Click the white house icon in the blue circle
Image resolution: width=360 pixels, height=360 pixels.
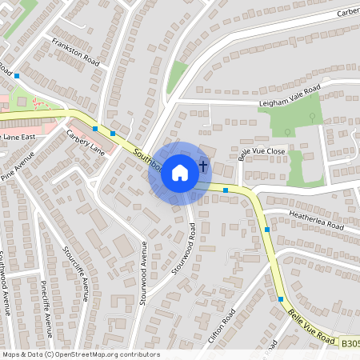coord(180,172)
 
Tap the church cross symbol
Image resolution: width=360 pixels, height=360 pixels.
coord(203,167)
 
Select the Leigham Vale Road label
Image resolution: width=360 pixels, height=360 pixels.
coord(289,95)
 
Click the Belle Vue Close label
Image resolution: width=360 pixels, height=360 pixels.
coord(262,151)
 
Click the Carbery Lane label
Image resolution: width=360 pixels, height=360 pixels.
coord(86,142)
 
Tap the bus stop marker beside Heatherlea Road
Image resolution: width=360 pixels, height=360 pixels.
coord(266,230)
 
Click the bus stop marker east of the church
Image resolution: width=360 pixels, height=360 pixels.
coord(226,190)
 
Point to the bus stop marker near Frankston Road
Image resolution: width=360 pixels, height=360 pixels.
coord(16,75)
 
